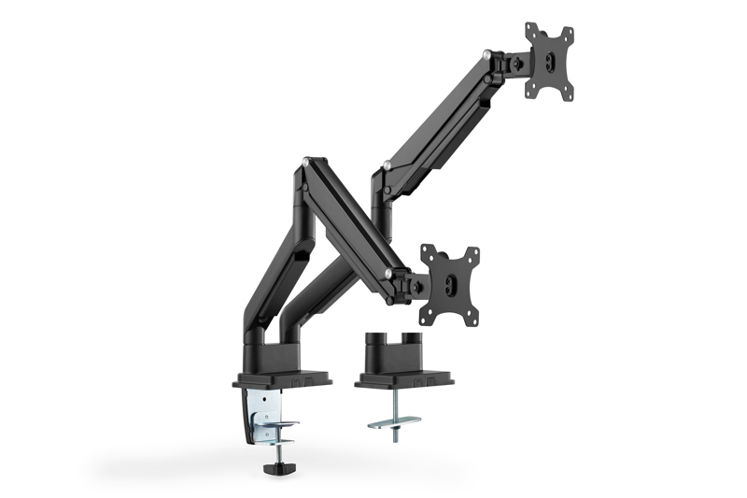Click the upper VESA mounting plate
pyautogui.click(x=548, y=60)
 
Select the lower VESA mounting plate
pyautogui.click(x=449, y=284)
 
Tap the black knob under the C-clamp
pyautogui.click(x=278, y=462)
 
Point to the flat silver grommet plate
pyautogui.click(x=393, y=422)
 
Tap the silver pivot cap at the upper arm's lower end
pyautogui.click(x=385, y=169)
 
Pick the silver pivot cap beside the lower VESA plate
pyautogui.click(x=387, y=273)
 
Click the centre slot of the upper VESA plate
pyautogui.click(x=548, y=61)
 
